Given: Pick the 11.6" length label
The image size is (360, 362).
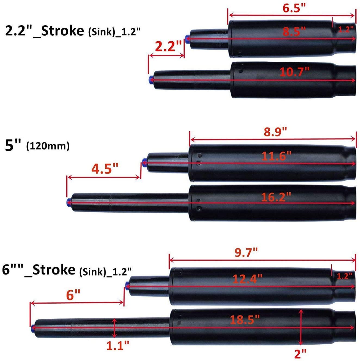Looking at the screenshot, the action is tap(276, 156).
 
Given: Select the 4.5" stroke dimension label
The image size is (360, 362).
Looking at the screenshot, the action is tap(105, 169).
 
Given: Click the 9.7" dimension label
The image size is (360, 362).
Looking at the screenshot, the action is tap(246, 252).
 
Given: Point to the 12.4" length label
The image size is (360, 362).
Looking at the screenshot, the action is tap(247, 279).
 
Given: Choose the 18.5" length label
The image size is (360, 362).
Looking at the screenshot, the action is tap(245, 319).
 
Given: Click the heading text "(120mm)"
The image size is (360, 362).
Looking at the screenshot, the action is tap(48, 146).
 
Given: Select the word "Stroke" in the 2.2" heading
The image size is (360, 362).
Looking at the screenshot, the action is tap(62, 31).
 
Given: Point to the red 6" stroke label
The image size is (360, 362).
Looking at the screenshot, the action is tap(73, 295).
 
